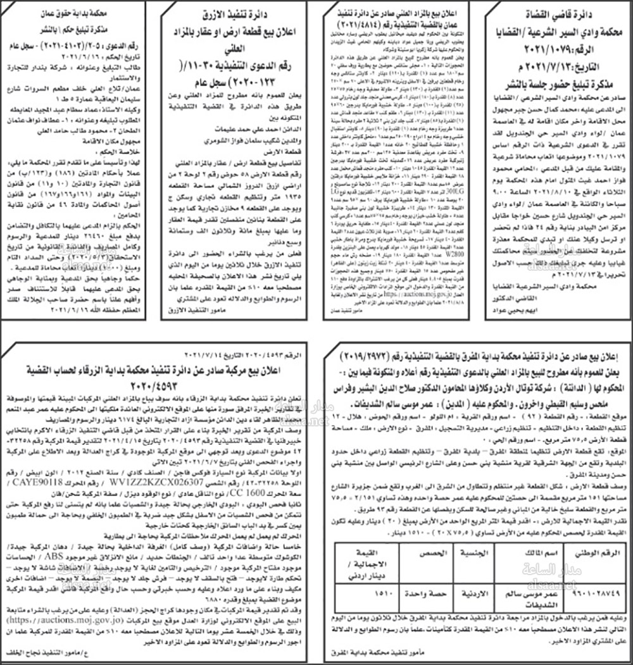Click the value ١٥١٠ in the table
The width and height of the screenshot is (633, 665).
[365, 596]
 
